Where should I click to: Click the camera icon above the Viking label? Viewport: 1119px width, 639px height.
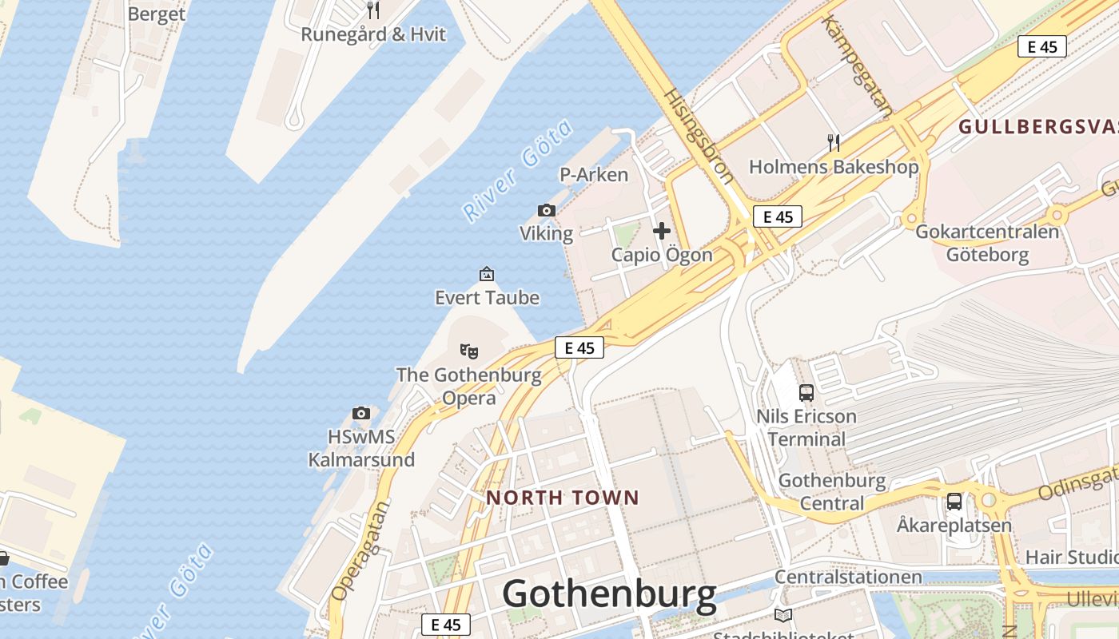(x=547, y=210)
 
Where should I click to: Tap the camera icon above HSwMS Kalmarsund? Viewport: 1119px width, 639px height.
(x=361, y=413)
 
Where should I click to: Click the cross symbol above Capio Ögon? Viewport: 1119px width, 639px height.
(x=662, y=231)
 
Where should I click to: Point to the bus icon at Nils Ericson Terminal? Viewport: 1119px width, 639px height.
(x=806, y=392)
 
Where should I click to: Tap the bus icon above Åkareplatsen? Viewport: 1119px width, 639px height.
(x=954, y=501)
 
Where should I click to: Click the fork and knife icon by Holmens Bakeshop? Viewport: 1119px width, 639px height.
(x=834, y=143)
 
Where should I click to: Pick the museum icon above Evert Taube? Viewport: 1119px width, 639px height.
(x=487, y=274)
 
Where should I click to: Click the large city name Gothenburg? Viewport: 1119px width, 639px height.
(x=609, y=595)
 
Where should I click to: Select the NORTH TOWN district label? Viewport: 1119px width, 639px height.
(x=563, y=498)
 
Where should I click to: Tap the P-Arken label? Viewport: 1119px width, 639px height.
(x=594, y=174)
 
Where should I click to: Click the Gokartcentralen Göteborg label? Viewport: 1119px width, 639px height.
(x=987, y=243)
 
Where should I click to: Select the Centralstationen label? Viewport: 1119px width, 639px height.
(x=848, y=577)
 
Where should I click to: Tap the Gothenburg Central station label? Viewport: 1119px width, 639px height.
(x=832, y=492)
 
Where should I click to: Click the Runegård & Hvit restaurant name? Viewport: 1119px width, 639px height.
(x=373, y=34)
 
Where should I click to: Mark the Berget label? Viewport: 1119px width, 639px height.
(x=157, y=14)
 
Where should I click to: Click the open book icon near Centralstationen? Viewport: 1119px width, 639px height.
(x=783, y=615)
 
